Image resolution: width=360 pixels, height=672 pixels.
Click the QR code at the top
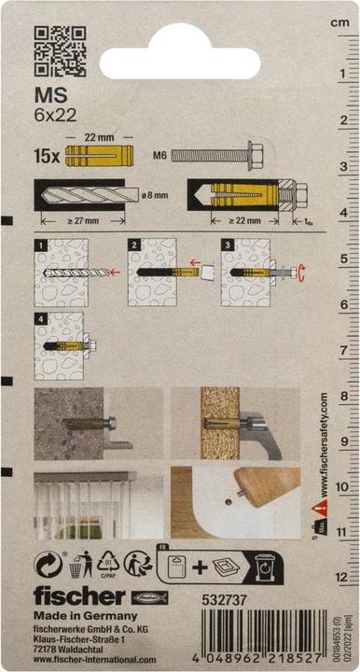pos(60,51)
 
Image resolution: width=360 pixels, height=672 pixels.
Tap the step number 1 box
pos(39,245)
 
